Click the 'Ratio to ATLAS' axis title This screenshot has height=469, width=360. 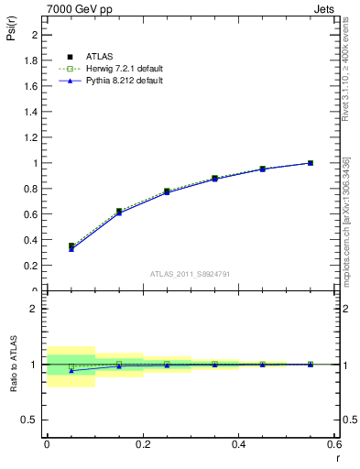click(x=12, y=365)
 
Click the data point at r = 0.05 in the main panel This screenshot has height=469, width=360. click(x=71, y=246)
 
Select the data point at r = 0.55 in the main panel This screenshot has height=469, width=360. click(x=311, y=163)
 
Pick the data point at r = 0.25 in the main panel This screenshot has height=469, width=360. click(x=167, y=191)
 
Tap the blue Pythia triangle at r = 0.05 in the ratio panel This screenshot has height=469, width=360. click(x=71, y=370)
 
